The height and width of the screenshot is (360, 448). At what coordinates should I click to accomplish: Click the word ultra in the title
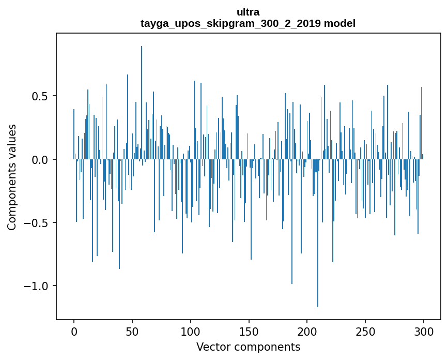tap(248, 12)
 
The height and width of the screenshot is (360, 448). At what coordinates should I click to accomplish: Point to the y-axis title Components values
tap(12, 177)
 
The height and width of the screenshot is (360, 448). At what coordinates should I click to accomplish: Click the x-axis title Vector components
tap(248, 347)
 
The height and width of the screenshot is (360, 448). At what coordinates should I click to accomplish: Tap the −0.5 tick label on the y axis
tap(38, 223)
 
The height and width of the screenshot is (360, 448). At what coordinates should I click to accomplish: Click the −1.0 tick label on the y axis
tap(38, 286)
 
